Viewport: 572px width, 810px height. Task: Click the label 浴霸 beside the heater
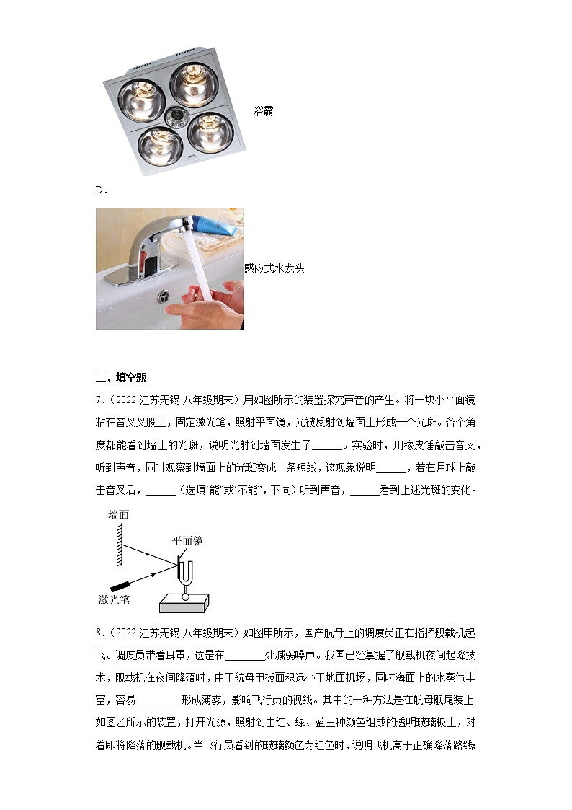pos(263,112)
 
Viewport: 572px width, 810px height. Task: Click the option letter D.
pos(101,190)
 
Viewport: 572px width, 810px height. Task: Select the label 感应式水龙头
pos(274,268)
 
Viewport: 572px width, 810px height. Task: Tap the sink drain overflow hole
pos(164,296)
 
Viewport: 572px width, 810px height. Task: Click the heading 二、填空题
pos(121,377)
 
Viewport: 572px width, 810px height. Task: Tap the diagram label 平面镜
pos(187,540)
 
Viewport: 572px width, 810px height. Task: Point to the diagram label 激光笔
pos(114,599)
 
